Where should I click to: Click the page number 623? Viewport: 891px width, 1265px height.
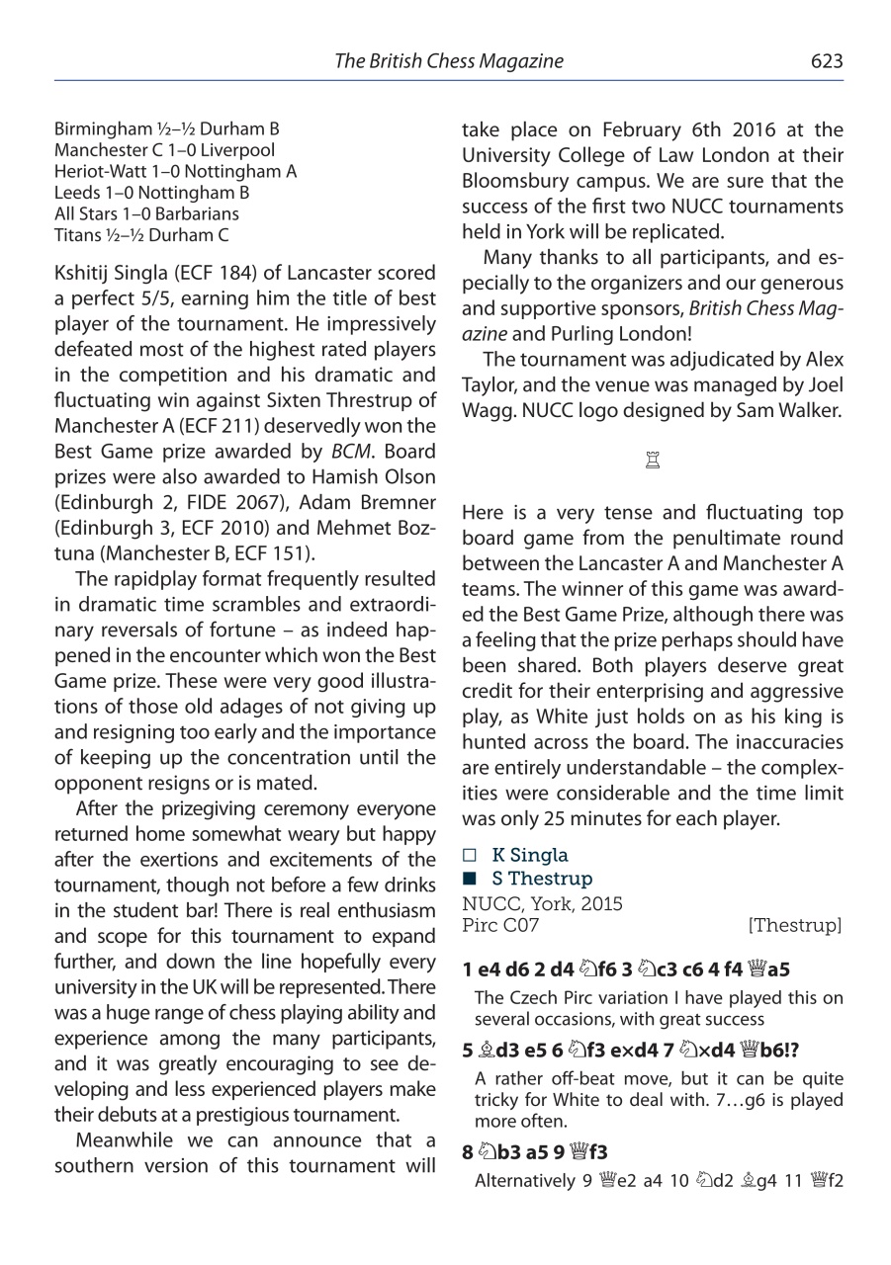click(826, 61)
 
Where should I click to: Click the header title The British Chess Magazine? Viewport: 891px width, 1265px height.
click(448, 61)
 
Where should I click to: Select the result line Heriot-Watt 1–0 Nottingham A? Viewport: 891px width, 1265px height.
click(175, 171)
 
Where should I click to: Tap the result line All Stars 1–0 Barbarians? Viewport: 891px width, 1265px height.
click(146, 213)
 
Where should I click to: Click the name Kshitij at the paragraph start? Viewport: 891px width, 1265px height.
click(84, 272)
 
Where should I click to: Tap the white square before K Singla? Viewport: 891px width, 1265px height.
click(469, 856)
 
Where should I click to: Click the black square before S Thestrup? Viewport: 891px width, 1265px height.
click(469, 879)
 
